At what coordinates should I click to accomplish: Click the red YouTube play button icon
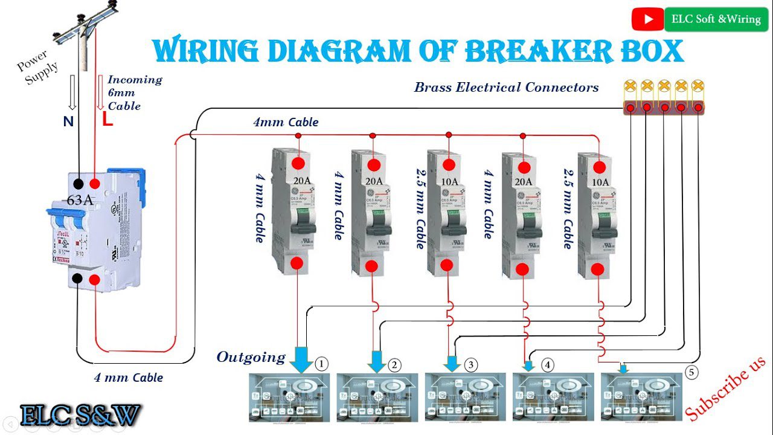[648, 19]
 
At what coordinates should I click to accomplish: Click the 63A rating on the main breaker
[80, 200]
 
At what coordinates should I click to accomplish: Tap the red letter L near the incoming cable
[107, 120]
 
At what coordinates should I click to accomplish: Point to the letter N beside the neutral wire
[68, 121]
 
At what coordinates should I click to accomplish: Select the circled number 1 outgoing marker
[322, 364]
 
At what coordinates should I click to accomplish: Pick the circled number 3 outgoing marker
[471, 364]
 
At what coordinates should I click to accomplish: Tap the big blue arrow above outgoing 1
[300, 360]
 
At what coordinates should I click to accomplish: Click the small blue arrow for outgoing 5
[624, 368]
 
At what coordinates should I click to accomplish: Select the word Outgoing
[251, 357]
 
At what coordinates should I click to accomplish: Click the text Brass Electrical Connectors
[506, 87]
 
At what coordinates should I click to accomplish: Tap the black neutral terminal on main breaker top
[78, 184]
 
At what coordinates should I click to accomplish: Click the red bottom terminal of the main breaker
[95, 279]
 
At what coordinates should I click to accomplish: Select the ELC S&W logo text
[80, 415]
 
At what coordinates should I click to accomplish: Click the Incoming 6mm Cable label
[134, 92]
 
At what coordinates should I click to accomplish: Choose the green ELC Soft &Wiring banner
[716, 19]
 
